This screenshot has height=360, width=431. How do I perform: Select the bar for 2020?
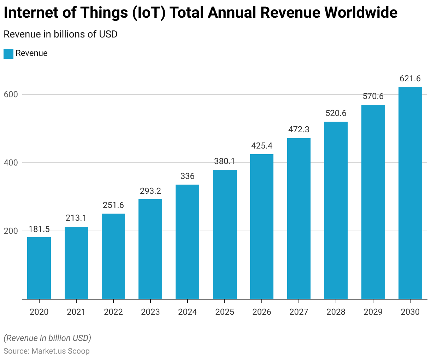point(39,268)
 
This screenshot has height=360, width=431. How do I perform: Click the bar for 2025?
point(225,234)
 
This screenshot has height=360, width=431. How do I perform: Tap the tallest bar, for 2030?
point(410,193)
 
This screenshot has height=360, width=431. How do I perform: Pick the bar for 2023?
point(150,249)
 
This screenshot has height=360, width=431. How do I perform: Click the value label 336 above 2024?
point(187,176)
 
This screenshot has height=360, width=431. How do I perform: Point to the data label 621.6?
point(410,79)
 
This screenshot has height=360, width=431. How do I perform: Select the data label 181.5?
point(39,229)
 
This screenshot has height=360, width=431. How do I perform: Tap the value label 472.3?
point(299,129)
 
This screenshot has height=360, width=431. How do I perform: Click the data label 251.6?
point(113,205)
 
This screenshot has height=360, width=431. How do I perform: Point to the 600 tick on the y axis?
point(11,94)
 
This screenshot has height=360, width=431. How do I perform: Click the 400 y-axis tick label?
point(11,163)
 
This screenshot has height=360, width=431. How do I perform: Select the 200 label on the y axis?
point(11,231)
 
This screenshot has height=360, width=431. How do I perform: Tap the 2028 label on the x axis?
point(336,312)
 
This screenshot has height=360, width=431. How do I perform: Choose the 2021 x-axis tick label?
point(76,312)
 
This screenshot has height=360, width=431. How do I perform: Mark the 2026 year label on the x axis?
point(262,312)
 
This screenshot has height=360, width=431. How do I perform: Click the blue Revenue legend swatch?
point(8,53)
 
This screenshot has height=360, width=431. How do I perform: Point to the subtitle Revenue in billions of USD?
point(60,34)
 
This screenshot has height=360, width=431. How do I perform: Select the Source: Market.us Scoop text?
point(47,351)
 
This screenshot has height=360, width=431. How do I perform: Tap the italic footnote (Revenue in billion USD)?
point(47,338)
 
